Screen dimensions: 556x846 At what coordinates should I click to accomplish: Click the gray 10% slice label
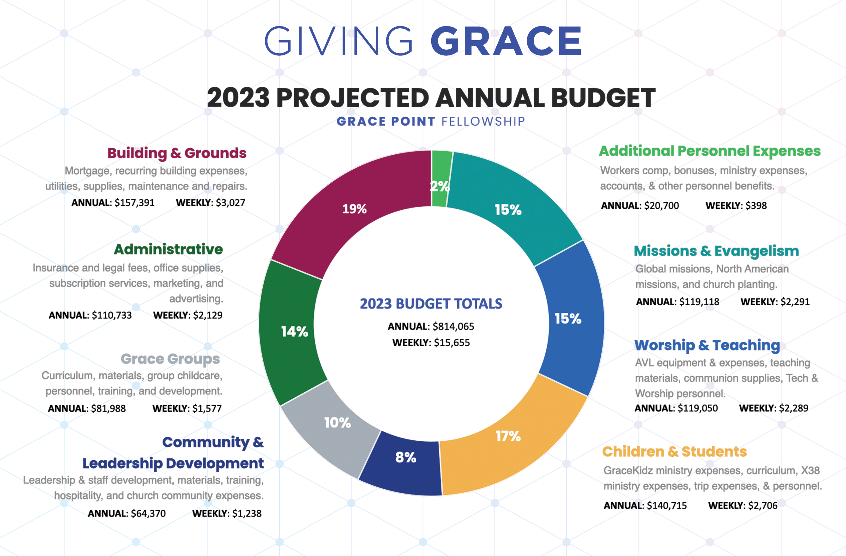[337, 423]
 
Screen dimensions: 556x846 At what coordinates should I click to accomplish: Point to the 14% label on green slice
[294, 332]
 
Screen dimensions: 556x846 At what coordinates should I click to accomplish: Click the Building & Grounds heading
[177, 153]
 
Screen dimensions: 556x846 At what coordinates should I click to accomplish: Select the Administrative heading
[168, 249]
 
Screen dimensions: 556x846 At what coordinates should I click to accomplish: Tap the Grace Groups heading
[170, 359]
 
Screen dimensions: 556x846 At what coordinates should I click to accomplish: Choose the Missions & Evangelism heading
[716, 251]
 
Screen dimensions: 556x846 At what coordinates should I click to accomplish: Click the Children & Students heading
[674, 452]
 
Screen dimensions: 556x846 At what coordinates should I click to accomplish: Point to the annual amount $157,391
[134, 203]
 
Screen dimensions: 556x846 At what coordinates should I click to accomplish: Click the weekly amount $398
[756, 206]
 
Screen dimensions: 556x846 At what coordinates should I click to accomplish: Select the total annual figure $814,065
[453, 326]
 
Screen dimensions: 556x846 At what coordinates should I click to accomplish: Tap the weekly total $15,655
[452, 343]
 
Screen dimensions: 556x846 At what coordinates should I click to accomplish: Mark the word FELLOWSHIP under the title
[483, 122]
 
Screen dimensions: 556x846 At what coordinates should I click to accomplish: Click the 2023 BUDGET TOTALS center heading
[431, 304]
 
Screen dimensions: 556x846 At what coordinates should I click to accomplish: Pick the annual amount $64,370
[148, 514]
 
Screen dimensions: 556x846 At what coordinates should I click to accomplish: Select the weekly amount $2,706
[763, 505]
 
